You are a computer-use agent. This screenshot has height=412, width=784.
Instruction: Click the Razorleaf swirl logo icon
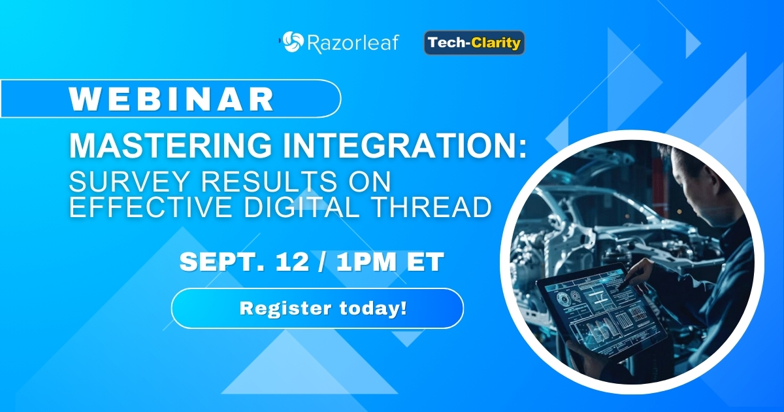292,43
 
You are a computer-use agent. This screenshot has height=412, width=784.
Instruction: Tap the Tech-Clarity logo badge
474,43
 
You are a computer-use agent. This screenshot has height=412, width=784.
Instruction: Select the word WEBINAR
172,99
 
